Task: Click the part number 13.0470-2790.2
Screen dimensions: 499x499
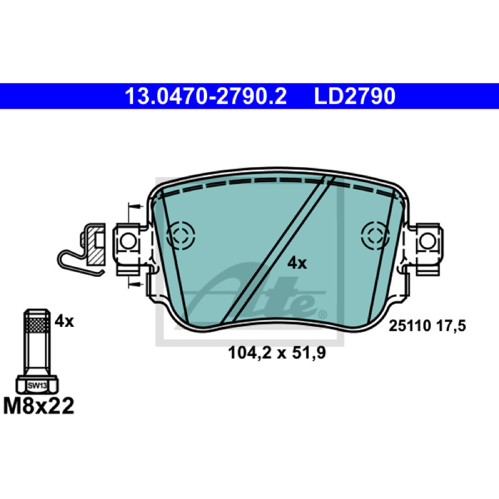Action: [x=206, y=96]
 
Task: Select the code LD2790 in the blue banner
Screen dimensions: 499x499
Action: [x=354, y=96]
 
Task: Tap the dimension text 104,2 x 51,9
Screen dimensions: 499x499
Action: [x=277, y=353]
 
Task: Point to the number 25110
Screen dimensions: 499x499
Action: [x=410, y=326]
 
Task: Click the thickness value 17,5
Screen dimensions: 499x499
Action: [x=451, y=326]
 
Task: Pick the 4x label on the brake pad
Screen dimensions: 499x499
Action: [x=297, y=263]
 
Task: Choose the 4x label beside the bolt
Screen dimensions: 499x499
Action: [x=64, y=321]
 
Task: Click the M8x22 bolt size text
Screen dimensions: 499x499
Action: [x=39, y=406]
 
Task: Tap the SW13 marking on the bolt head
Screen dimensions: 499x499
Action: [x=37, y=385]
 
